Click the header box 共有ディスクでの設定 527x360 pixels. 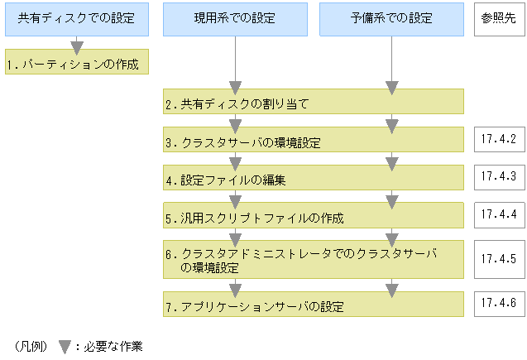pyautogui.click(x=76, y=18)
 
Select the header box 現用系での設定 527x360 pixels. pyautogui.click(x=235, y=18)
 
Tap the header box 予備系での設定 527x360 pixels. pyautogui.click(x=391, y=18)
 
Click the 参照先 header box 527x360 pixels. pyautogui.click(x=499, y=18)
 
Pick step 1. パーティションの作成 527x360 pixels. pyautogui.click(x=76, y=63)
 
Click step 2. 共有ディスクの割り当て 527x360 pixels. pyautogui.click(x=237, y=104)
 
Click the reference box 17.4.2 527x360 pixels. pyautogui.click(x=498, y=138)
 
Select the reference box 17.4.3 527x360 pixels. pyautogui.click(x=498, y=176)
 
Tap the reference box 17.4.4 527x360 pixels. pyautogui.click(x=498, y=214)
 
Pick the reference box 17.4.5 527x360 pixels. pyautogui.click(x=498, y=259)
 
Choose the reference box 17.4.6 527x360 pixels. pyautogui.click(x=498, y=303)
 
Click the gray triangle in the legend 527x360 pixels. pyautogui.click(x=64, y=347)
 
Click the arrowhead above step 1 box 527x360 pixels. pyautogui.click(x=76, y=48)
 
